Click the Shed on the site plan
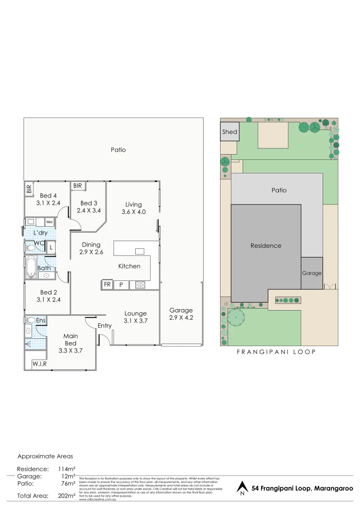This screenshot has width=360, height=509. [230, 131]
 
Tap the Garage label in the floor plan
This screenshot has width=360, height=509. [181, 310]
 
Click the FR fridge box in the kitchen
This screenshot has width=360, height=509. [107, 285]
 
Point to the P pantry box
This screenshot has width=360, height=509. [121, 285]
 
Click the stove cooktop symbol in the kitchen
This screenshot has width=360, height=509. [140, 285]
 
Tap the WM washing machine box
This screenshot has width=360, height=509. [49, 222]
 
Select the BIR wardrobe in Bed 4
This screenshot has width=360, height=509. [29, 189]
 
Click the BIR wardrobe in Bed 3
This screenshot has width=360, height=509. [78, 186]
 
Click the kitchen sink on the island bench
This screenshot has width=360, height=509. [139, 251]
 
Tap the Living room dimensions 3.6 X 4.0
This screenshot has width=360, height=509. [133, 212]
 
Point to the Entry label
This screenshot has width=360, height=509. [105, 326]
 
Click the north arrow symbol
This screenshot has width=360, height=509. [242, 488]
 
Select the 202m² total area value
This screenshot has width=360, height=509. [66, 496]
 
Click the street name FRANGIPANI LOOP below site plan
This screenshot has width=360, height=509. [275, 352]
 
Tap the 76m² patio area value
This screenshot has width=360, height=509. [68, 483]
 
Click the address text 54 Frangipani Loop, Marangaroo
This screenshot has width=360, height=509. [302, 488]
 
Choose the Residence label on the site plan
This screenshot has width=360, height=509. [266, 246]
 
